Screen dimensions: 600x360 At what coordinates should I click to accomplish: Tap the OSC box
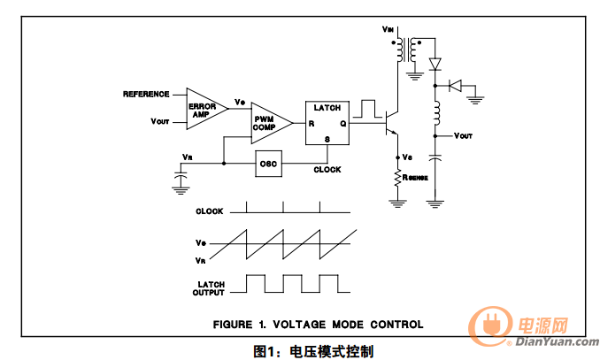[269, 164]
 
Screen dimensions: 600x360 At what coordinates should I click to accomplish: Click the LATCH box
[327, 123]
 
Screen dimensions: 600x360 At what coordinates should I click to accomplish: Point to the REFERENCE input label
[146, 94]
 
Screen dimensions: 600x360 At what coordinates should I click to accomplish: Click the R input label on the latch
[312, 124]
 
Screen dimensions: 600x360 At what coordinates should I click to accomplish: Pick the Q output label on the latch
[343, 124]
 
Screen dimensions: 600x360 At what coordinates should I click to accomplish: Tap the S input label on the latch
[327, 139]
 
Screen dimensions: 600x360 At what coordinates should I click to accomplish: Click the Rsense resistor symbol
[398, 179]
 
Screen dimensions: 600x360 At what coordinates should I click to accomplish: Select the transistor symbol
[391, 123]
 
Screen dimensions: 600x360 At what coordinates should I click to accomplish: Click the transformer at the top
[405, 50]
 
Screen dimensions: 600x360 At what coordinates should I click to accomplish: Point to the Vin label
[388, 29]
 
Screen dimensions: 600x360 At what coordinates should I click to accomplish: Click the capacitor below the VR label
[181, 176]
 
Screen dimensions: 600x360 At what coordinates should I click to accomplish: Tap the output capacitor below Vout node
[435, 157]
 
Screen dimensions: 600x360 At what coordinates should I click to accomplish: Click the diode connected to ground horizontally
[456, 86]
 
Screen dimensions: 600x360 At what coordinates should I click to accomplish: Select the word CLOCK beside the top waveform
[210, 211]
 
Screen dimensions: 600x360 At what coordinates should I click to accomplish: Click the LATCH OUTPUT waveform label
[209, 288]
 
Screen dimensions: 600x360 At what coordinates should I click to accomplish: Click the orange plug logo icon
[490, 326]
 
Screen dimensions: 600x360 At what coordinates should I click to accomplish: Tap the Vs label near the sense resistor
[407, 157]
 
